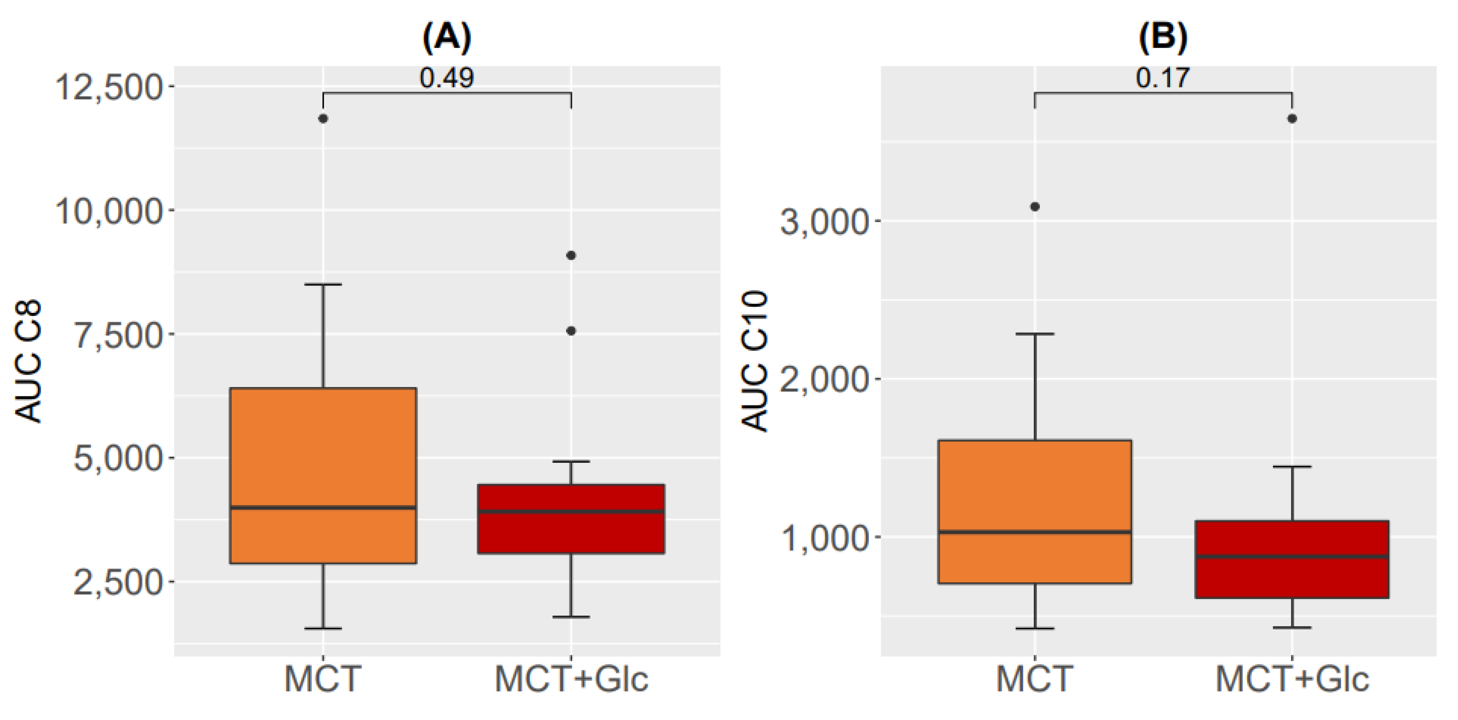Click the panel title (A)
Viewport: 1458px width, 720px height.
(x=447, y=38)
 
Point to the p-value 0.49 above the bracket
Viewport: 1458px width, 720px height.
(x=447, y=78)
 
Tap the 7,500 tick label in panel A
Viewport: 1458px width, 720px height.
(x=119, y=335)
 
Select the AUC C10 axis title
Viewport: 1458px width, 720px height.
(x=755, y=361)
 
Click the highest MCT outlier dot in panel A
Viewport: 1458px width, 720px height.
(x=323, y=118)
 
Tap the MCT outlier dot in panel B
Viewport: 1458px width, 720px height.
(x=1035, y=207)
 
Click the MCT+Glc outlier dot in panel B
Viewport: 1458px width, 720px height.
(x=1292, y=118)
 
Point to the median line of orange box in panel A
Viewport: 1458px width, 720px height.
(x=323, y=507)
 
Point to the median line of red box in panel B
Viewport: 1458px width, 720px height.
(x=1292, y=557)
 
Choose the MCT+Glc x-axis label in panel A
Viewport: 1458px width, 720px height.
(x=571, y=679)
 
